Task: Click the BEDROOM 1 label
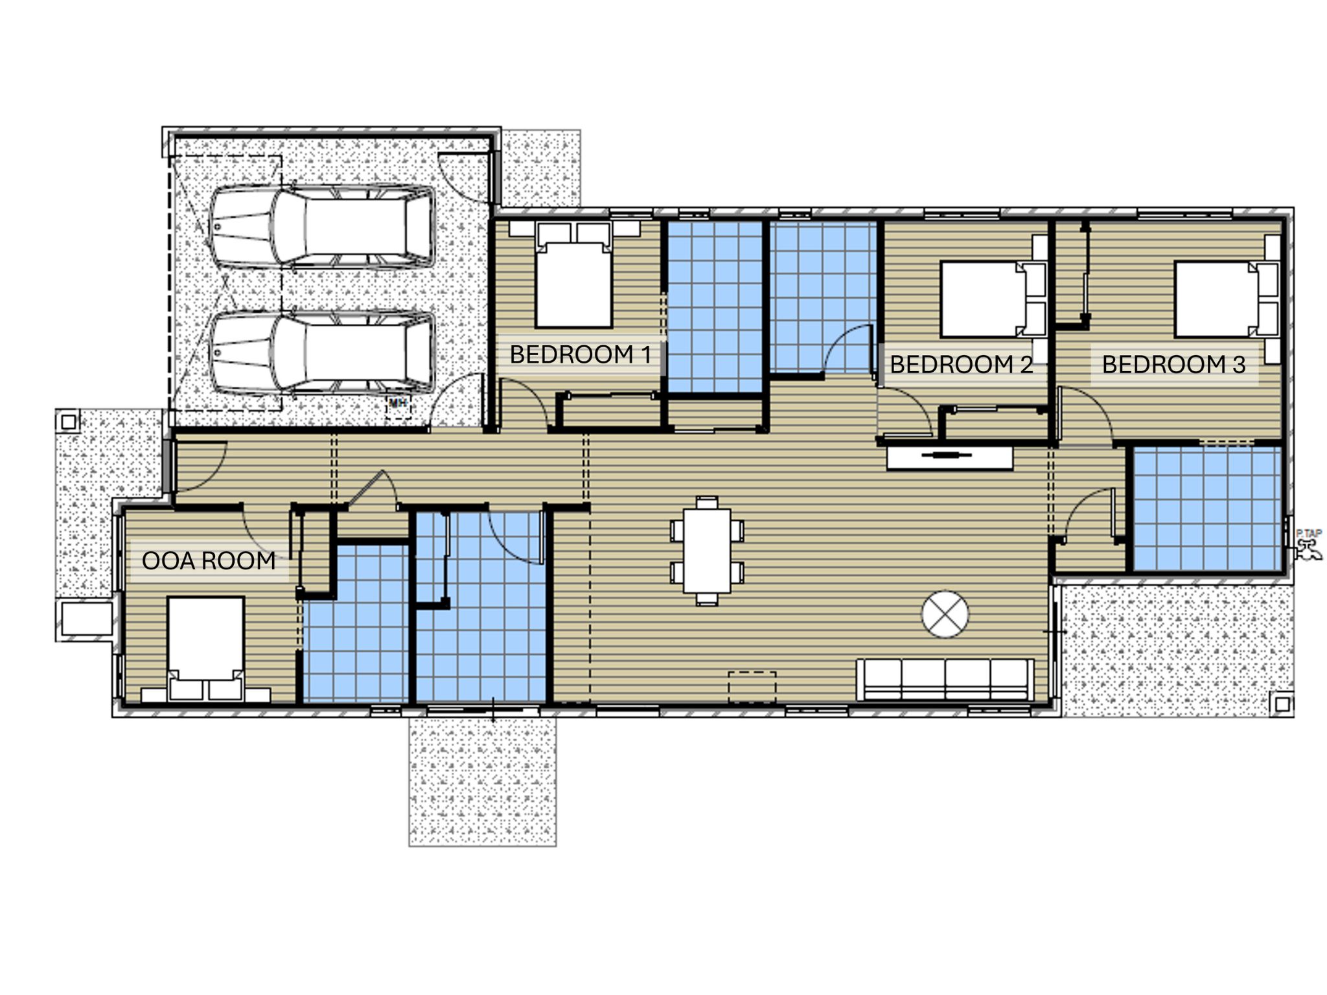580,354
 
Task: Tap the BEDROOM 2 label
961,365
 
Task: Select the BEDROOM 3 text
1173,365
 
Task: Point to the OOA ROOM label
209,560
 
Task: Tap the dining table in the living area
707,551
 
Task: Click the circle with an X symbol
945,613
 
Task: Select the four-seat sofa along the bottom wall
945,680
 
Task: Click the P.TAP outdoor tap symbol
1308,544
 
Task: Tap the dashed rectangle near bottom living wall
752,687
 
